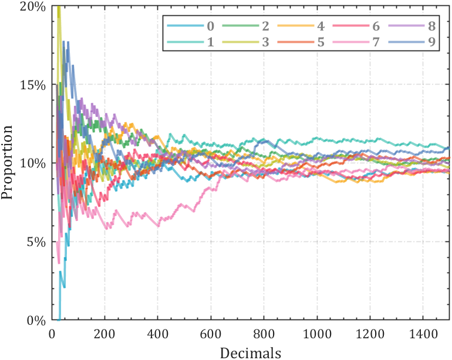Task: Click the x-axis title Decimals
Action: (251, 352)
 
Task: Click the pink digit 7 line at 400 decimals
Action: (158, 224)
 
